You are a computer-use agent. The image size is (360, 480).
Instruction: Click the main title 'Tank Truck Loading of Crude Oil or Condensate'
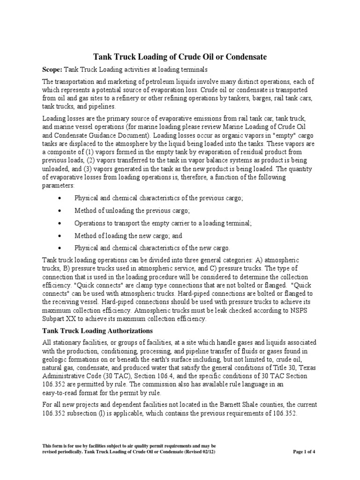pos(180,57)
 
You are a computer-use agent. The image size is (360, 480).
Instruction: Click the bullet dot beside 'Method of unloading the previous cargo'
pos(59,211)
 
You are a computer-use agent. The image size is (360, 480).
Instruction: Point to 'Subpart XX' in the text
pos(60,319)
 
